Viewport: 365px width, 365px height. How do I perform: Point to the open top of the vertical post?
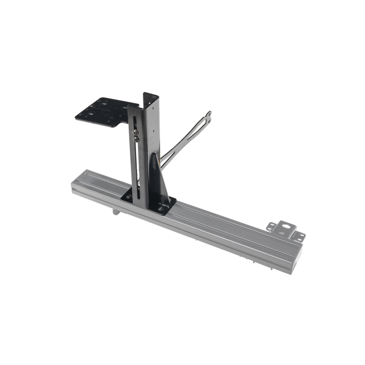[150, 96]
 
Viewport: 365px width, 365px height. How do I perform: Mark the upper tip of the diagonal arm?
[210, 113]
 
